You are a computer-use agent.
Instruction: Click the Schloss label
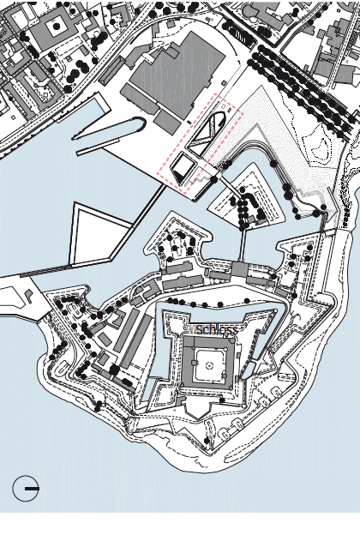(216, 330)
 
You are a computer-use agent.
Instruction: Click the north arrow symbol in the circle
(27, 489)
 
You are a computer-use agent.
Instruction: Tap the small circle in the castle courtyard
(208, 365)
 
